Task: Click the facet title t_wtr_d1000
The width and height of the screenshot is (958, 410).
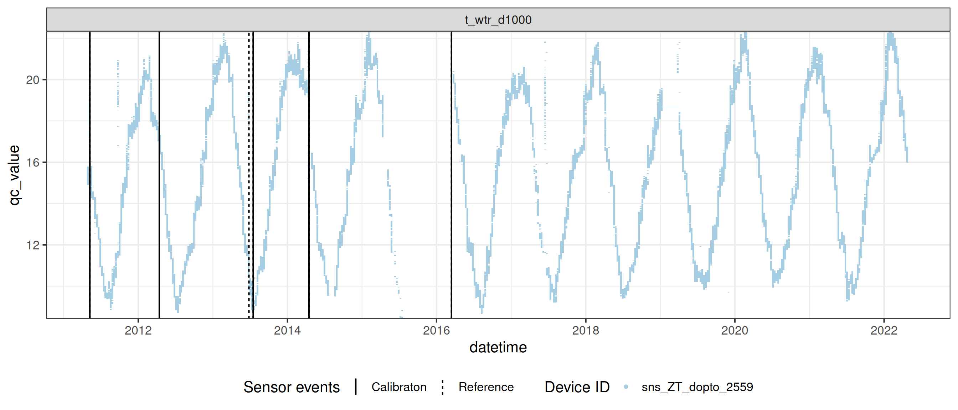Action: pos(498,20)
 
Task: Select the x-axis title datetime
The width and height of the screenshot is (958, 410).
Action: pos(498,347)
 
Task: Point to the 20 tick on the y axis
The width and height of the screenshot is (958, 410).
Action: pos(33,80)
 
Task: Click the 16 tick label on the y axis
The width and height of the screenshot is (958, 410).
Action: pos(33,162)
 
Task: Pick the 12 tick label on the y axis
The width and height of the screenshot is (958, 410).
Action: pos(33,245)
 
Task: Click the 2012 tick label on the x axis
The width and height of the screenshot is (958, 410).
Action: pos(138,330)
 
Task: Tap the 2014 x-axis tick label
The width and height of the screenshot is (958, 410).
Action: pos(287,330)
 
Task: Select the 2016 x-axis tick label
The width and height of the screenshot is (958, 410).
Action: pos(436,330)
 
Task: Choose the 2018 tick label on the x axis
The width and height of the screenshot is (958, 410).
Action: pos(585,330)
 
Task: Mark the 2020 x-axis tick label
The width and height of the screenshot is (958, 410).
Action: pos(735,330)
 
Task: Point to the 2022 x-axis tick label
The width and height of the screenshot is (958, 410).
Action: pos(884,330)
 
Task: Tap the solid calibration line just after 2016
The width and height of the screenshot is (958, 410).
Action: pos(452,186)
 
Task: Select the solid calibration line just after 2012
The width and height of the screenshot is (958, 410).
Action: pos(159,186)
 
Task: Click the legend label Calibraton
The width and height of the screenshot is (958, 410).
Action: pos(399,387)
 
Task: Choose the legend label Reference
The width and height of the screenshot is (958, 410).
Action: pos(486,387)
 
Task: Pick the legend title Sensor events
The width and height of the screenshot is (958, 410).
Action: pos(291,387)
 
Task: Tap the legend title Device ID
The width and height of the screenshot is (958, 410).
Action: pos(577,387)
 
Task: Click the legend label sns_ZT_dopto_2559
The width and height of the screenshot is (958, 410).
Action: pos(697,387)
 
